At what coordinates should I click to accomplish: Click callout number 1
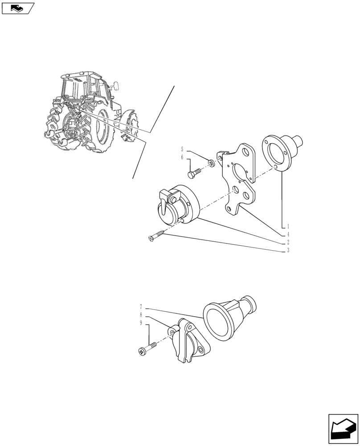[288, 226]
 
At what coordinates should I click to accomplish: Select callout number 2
[288, 242]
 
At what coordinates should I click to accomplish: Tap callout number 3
[288, 251]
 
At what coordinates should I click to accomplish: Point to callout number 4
[288, 234]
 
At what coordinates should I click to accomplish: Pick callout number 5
[182, 149]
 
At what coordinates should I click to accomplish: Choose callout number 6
[182, 157]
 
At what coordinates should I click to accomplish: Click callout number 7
[141, 307]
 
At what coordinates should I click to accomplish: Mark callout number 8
[141, 314]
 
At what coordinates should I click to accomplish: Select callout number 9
[141, 322]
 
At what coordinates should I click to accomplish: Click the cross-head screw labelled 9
[147, 349]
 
